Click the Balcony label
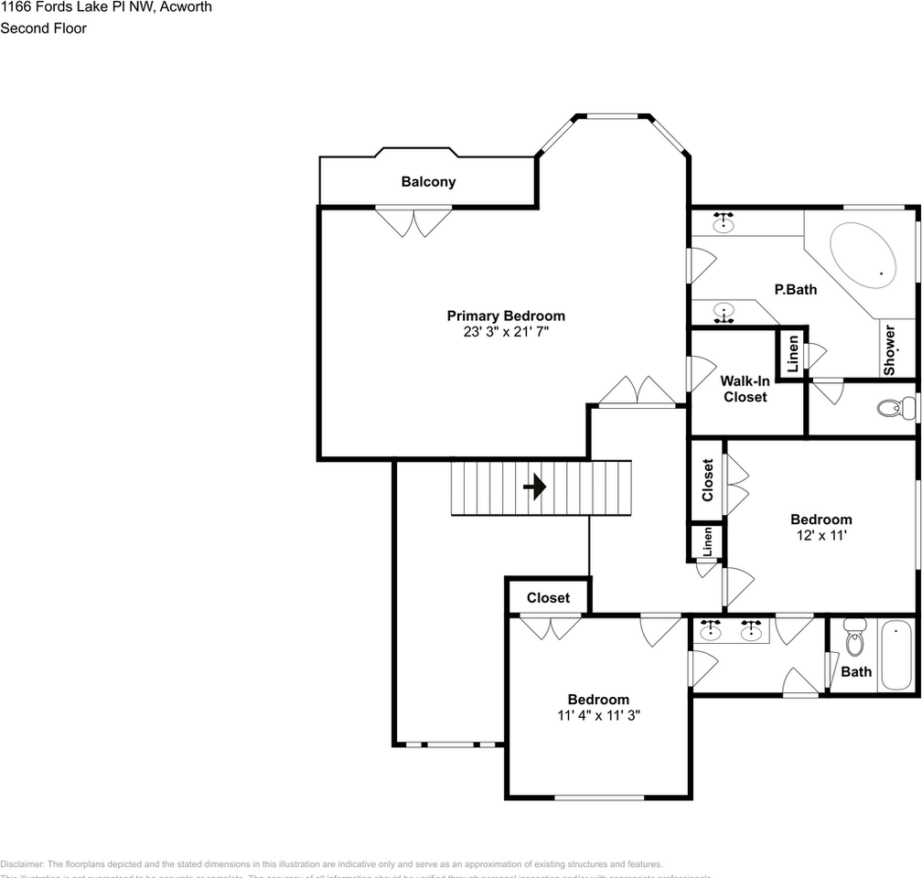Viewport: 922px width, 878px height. (428, 182)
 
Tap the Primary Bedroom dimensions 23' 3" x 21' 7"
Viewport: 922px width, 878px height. (506, 333)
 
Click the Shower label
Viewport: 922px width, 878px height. (889, 348)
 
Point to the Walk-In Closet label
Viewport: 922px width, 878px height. (745, 389)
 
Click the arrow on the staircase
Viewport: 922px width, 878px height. (534, 487)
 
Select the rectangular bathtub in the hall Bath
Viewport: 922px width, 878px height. (896, 655)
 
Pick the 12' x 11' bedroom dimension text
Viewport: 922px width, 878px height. (820, 536)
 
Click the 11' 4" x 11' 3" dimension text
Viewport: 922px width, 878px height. (598, 716)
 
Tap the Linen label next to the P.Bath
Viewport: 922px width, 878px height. (792, 352)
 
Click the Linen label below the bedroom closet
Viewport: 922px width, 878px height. (707, 542)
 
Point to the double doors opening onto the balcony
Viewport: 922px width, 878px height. (413, 221)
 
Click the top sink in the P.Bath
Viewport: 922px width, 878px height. (724, 221)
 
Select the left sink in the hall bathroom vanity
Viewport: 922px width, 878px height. (710, 630)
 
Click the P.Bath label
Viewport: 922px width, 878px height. (795, 290)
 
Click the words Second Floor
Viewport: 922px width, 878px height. (43, 28)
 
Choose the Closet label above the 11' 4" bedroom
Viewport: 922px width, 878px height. (548, 598)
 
